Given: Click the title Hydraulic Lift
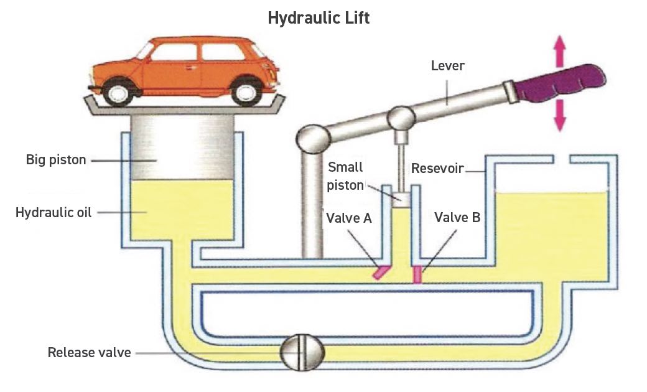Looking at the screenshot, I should click(319, 18).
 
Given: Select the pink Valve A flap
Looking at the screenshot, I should click(380, 273).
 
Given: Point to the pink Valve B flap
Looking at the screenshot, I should click(418, 274).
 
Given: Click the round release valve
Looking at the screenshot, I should click(302, 353).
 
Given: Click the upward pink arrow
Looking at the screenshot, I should click(559, 47).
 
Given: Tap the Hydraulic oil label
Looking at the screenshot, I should click(54, 213).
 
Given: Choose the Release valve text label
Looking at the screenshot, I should click(90, 353).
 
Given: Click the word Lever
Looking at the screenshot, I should click(448, 66).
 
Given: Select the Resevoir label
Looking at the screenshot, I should click(437, 169).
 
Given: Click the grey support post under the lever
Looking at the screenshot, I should click(311, 205).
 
